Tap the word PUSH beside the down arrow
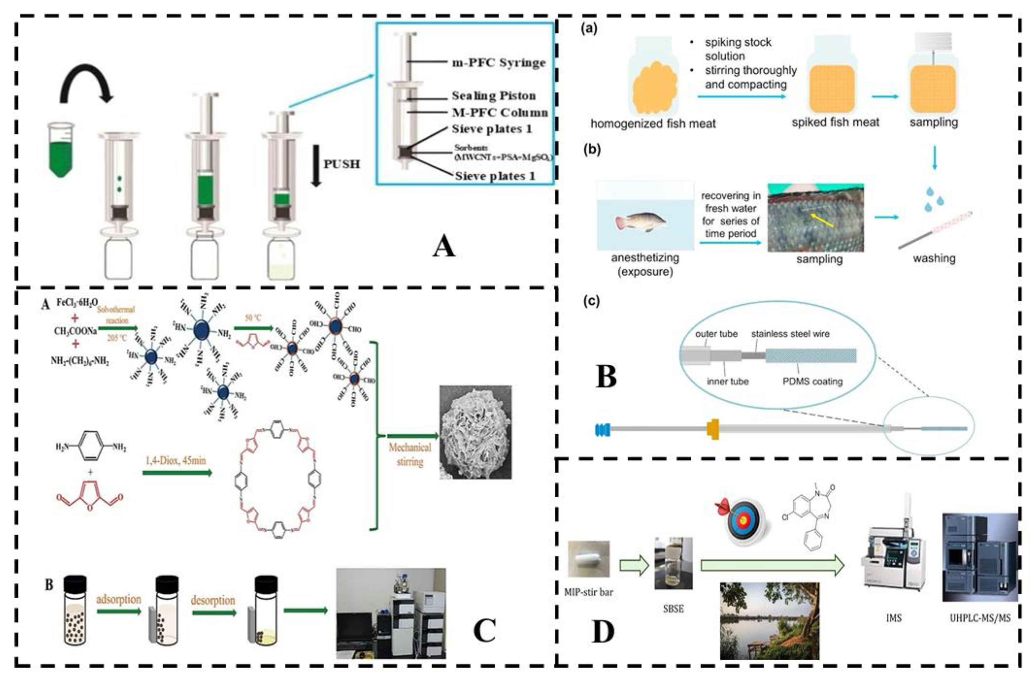(342, 164)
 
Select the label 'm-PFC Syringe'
(499, 63)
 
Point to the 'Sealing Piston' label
(493, 96)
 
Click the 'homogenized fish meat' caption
(653, 124)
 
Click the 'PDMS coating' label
(812, 381)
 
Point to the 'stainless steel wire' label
(790, 334)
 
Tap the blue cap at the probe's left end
(602, 429)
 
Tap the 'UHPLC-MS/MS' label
(980, 618)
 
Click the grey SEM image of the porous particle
(475, 432)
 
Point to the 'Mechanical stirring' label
(410, 455)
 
